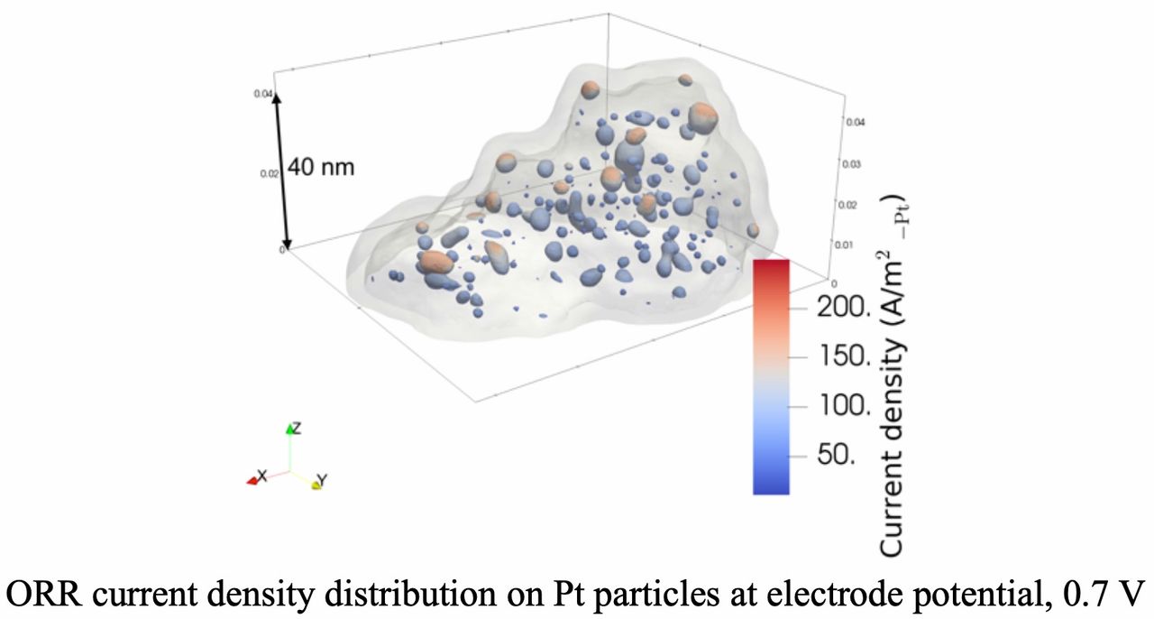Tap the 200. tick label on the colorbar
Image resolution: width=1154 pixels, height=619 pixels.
tap(844, 309)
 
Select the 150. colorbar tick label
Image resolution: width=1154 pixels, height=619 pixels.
tap(844, 356)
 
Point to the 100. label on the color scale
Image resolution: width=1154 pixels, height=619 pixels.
tap(844, 405)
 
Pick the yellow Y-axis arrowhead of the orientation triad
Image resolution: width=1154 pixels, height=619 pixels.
tap(316, 486)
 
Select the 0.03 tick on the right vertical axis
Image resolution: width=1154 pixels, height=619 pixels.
tap(852, 164)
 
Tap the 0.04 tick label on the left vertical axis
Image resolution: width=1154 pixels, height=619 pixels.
tap(268, 93)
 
